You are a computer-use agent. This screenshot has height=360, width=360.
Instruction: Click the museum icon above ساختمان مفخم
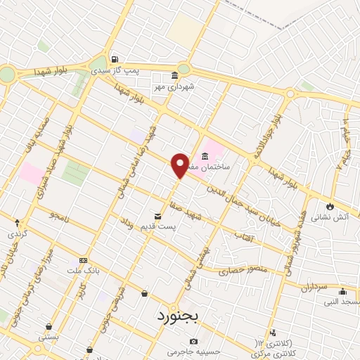(x=205, y=156)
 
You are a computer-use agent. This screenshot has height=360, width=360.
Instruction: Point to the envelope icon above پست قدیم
(x=158, y=217)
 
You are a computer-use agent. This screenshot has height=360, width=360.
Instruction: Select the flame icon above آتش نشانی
(x=329, y=206)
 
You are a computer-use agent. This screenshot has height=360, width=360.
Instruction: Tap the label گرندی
(x=18, y=233)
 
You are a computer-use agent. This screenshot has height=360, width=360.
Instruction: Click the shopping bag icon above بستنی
(x=49, y=326)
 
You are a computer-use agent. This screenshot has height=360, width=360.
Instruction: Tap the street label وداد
(x=127, y=224)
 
